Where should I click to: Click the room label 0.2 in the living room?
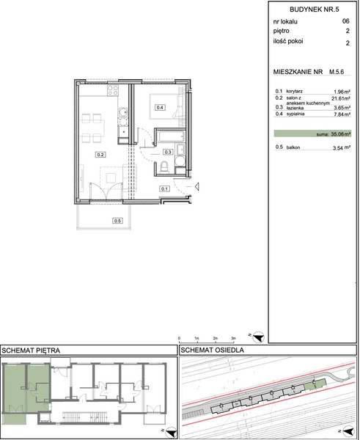coord(100,155)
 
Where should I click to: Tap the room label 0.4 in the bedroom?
coord(160,108)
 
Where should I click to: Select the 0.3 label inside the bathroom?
coord(168,152)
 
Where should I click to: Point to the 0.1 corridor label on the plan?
coord(164,189)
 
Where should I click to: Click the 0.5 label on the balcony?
coord(117,221)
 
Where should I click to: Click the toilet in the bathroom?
coord(164,166)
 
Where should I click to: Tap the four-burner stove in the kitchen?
coord(113,90)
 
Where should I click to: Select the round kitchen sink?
coord(123,112)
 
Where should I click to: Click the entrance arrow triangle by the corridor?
coord(197,186)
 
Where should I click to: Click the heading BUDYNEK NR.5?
coord(315,10)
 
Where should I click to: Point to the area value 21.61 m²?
coord(341,98)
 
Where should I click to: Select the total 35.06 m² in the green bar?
coord(341,134)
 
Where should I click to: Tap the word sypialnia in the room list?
coord(295,114)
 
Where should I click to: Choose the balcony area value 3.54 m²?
coord(342,148)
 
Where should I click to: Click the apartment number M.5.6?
coord(337,72)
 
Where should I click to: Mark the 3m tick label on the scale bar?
coord(233,338)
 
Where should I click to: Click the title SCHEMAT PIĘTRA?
coord(31,351)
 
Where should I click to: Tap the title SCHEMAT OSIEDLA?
coord(212,351)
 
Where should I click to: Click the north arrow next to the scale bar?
coord(258,337)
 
